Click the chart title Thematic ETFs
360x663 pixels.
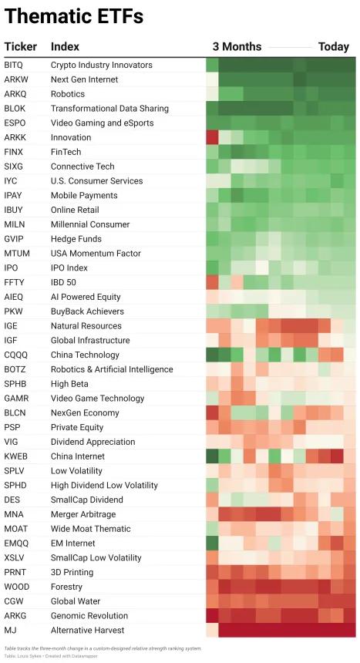coord(74,16)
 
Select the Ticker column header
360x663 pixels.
coord(21,46)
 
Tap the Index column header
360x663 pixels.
coord(66,46)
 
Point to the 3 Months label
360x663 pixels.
coord(237,46)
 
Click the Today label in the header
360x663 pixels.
coord(334,46)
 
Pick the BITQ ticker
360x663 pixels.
coord(14,65)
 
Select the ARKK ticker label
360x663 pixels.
coord(14,137)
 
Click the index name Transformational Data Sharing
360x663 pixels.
coord(109,109)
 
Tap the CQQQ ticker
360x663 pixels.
coord(15,355)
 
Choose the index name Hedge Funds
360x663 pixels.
coord(76,239)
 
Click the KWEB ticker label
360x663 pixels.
coord(15,456)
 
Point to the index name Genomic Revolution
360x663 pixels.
coord(89,616)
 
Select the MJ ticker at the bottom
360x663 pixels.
coord(10,630)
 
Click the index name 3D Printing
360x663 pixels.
coord(72,573)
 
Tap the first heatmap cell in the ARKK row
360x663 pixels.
coord(212,137)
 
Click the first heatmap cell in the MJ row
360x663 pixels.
coord(212,630)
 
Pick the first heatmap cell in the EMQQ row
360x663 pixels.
coord(212,543)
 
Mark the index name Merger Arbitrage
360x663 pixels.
coord(83,514)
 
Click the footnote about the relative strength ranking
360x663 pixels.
coord(103,648)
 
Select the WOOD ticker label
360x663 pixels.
coord(17,587)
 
